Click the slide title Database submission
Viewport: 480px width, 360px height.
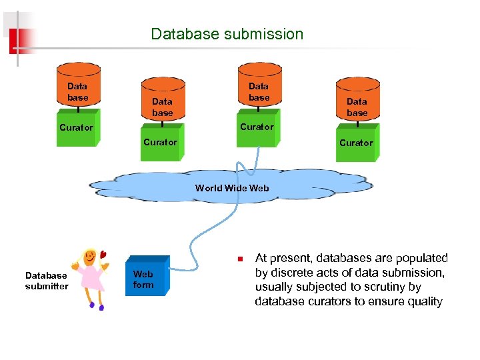coord(227,34)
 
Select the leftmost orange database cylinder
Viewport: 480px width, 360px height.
coord(78,87)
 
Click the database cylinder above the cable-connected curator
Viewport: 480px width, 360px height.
coord(259,87)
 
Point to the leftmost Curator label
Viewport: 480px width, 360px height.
coord(76,127)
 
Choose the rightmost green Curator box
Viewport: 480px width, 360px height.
coord(356,143)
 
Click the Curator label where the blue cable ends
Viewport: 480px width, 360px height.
coord(257,127)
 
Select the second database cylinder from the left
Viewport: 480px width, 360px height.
coord(162,102)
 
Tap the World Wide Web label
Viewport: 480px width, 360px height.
coord(232,188)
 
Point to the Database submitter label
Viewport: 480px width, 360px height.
coord(47,281)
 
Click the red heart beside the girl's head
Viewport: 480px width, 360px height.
coord(103,253)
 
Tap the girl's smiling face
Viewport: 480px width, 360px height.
coord(90,257)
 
